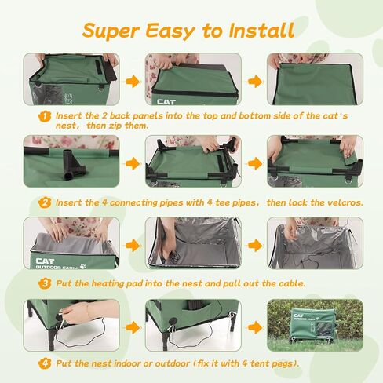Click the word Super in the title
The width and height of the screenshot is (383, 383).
point(111,31)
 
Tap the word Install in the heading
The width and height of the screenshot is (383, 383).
point(262,30)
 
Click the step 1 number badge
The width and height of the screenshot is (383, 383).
point(45,116)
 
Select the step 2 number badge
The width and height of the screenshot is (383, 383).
point(45,202)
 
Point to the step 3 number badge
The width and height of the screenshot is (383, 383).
point(45,283)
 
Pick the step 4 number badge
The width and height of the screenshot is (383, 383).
point(45,363)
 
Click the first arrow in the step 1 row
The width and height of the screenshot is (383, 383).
point(133,82)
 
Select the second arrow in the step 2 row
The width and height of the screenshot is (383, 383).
point(254,164)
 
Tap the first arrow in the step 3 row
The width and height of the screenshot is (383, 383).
point(133,246)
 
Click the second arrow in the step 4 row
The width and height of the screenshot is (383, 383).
point(254,327)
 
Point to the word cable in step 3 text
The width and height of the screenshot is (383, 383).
point(292,283)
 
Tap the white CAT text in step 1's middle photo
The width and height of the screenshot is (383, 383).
point(166,102)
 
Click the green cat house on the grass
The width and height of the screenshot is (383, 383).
point(313,326)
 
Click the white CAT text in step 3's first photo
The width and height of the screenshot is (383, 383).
point(45,261)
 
